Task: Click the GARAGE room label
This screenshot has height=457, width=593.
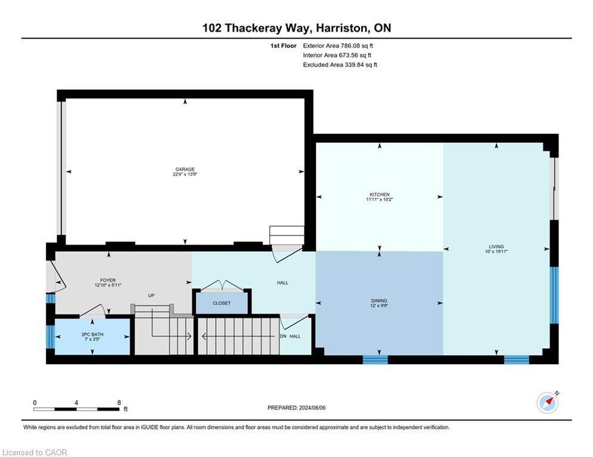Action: (185, 169)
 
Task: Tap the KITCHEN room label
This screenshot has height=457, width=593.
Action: (380, 195)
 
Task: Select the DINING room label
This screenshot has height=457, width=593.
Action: (379, 301)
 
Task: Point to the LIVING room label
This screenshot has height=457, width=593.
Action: (496, 246)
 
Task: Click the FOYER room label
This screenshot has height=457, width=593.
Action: (108, 280)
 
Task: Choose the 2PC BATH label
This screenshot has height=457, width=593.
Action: (92, 334)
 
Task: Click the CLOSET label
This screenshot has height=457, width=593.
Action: (222, 303)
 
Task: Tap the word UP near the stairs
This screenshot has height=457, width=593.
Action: (151, 295)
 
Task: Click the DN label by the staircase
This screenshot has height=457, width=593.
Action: (283, 336)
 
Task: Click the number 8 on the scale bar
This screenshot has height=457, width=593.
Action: (119, 403)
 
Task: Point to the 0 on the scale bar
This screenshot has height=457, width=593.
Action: (35, 403)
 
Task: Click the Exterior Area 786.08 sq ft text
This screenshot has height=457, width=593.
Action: (338, 46)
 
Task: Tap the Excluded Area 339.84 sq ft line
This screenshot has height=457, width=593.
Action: (340, 65)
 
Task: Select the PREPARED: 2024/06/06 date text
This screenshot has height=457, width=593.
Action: (297, 408)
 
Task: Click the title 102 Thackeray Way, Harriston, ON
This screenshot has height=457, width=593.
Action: (297, 28)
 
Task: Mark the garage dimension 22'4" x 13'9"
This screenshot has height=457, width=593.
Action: (185, 174)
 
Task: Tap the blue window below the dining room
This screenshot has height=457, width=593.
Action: (375, 359)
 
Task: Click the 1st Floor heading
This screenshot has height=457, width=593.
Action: (283, 46)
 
